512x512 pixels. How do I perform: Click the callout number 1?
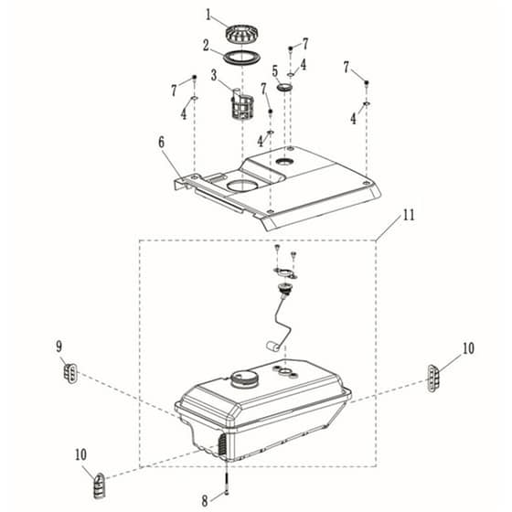[x=208, y=15]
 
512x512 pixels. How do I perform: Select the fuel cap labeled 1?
[x=242, y=35]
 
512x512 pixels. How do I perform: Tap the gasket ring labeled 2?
[x=242, y=58]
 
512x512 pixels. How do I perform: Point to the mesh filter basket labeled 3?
[x=242, y=105]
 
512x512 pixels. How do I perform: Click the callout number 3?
[x=214, y=75]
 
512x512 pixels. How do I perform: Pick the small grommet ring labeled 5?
[x=284, y=87]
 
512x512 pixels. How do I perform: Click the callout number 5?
[x=275, y=71]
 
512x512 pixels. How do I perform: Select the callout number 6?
[x=161, y=143]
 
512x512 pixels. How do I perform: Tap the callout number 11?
[x=409, y=215]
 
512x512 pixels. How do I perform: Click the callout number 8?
[x=205, y=501]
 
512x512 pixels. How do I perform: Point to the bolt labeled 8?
[x=226, y=481]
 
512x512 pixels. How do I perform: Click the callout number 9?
[x=59, y=347]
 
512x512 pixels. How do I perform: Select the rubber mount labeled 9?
[x=71, y=373]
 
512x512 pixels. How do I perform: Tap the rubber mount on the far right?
[x=433, y=379]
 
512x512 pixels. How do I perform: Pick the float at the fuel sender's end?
[x=272, y=347]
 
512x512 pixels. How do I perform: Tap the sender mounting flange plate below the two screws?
[x=285, y=272]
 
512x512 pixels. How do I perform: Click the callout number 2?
[x=206, y=46]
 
